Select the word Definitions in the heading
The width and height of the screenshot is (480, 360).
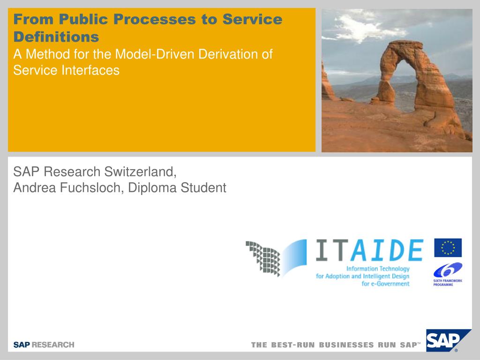pyautogui.click(x=56, y=37)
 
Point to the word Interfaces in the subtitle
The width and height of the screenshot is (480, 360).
pyautogui.click(x=90, y=70)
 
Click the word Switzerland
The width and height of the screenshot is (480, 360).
pyautogui.click(x=140, y=172)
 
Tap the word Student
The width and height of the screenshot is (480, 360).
pyautogui.click(x=203, y=187)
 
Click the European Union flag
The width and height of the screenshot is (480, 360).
pyautogui.click(x=448, y=247)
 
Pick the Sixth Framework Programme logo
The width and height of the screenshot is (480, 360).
pyautogui.click(x=448, y=274)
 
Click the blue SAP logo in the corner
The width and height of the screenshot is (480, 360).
pyautogui.click(x=449, y=340)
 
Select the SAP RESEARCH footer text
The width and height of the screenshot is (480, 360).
pyautogui.click(x=44, y=345)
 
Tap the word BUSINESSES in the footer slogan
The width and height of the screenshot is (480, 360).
pyautogui.click(x=346, y=345)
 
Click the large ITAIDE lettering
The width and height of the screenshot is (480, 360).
pyautogui.click(x=370, y=250)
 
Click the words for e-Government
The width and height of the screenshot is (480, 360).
pyautogui.click(x=385, y=284)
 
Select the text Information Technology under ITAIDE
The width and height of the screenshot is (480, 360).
pyautogui.click(x=378, y=269)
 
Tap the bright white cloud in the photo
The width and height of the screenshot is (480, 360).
pyautogui.click(x=364, y=28)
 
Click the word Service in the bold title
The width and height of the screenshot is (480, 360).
pyautogui.click(x=252, y=19)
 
